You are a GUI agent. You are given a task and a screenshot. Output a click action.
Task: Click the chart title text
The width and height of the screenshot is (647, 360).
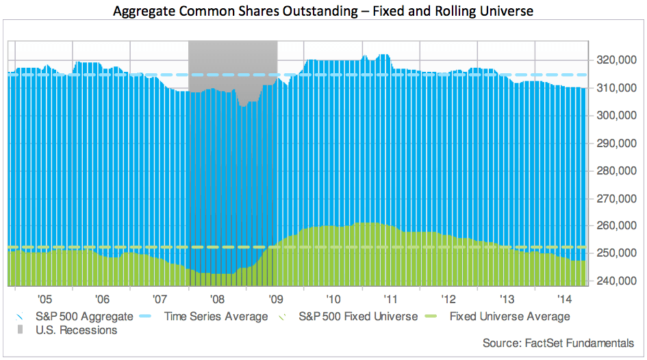point(323,12)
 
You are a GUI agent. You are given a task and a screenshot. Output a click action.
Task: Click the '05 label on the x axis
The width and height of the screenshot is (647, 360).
point(45,299)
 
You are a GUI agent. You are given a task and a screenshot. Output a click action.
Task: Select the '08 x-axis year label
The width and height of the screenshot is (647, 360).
point(217,299)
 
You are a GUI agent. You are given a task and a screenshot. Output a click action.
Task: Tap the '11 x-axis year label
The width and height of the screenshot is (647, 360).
point(391,299)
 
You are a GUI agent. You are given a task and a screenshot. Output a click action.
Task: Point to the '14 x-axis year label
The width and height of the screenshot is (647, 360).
point(564,299)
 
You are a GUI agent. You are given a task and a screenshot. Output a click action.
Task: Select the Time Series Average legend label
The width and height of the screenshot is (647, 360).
point(216,317)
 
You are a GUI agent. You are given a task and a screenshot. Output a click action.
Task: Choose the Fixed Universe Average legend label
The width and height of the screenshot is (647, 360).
point(509,317)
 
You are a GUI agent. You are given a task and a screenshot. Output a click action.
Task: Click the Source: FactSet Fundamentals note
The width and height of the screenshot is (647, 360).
point(558,343)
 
